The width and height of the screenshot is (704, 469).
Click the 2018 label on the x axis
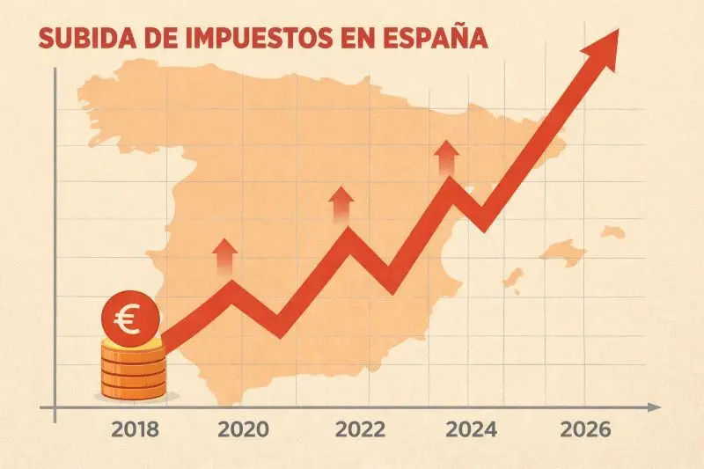(x=136, y=430)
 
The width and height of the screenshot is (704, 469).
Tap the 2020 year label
(x=242, y=430)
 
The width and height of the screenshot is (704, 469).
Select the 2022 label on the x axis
(x=360, y=430)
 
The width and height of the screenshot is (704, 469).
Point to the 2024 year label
(x=471, y=430)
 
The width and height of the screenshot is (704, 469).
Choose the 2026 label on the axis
(x=585, y=430)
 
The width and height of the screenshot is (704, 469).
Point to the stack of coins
(x=132, y=370)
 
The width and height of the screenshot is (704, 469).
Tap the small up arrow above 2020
(x=225, y=255)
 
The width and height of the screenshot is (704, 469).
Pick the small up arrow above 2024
(x=447, y=158)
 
